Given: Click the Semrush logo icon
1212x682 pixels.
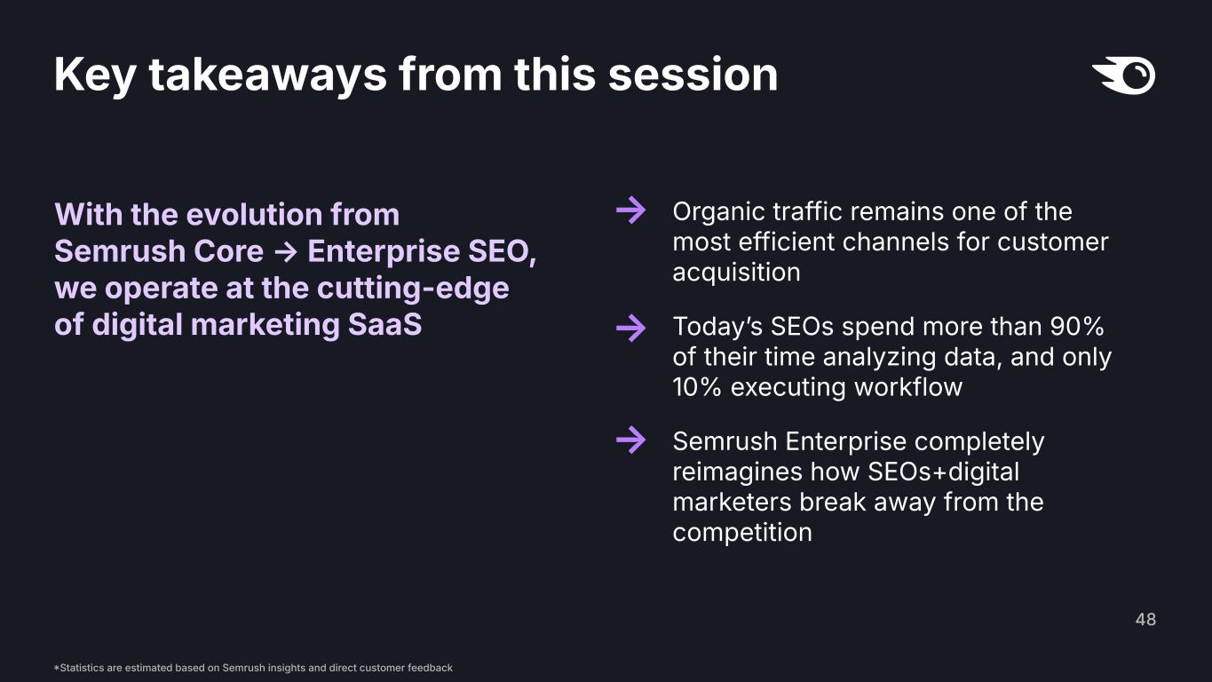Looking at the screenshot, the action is [x=1124, y=75].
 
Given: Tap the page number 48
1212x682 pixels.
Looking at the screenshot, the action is [x=1145, y=619].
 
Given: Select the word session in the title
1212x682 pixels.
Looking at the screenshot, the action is [x=693, y=75].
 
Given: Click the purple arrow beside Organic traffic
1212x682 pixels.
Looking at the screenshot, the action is [x=631, y=210].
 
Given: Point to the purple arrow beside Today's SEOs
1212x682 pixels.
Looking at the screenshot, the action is [x=631, y=328].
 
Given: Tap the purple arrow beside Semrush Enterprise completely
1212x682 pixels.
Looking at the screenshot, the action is [x=631, y=440].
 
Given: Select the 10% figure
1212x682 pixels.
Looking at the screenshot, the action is [x=697, y=387].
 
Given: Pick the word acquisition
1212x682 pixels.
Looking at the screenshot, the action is [x=736, y=273].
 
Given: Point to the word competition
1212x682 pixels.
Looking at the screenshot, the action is [x=742, y=533].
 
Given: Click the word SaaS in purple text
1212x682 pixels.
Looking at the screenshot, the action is [x=384, y=325].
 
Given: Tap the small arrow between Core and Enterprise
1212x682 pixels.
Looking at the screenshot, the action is [x=286, y=251].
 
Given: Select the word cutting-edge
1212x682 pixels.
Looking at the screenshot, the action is [x=413, y=289].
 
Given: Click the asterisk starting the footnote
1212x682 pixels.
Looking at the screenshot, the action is [x=56, y=668].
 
